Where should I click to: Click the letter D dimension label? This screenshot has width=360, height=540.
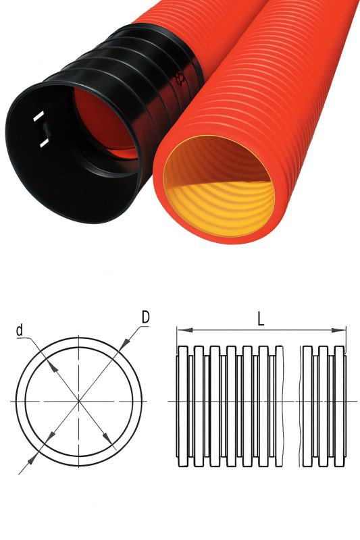(x=146, y=317)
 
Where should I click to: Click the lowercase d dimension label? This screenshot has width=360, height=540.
(x=20, y=330)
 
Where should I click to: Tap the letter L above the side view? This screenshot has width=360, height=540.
(x=261, y=319)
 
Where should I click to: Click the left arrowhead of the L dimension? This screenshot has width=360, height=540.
(x=184, y=330)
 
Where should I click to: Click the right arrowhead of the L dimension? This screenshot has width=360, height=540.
(x=338, y=330)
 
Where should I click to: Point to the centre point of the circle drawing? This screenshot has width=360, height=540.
(x=79, y=401)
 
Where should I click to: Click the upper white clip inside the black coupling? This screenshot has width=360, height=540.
(x=38, y=116)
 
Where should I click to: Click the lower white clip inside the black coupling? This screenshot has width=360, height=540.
(x=45, y=142)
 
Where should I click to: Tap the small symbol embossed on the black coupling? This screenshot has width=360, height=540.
(x=180, y=79)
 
